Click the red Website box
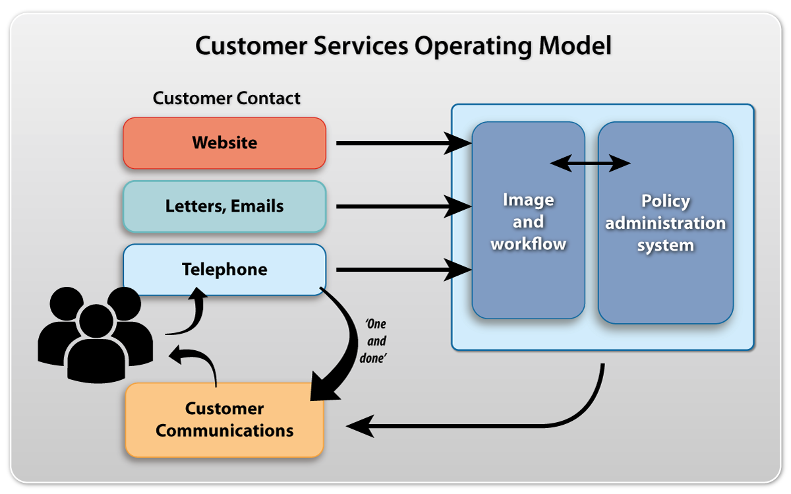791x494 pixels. tap(225, 143)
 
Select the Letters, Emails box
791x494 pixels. tap(225, 206)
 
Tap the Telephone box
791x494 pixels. tap(225, 269)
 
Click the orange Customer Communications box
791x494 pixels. tap(225, 419)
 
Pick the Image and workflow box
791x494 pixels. tap(528, 220)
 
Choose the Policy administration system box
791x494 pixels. tap(666, 223)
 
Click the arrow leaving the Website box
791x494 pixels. tap(404, 143)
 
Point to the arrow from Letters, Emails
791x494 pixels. tap(404, 206)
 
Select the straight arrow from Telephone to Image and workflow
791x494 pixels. tap(404, 270)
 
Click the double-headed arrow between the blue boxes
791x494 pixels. tap(591, 164)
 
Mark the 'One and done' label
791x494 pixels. tap(374, 341)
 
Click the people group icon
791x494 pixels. tap(96, 334)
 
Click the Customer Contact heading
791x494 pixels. tap(226, 98)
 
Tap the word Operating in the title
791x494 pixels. tap(473, 46)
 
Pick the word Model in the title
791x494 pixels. tap(575, 46)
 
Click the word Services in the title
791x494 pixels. tap(361, 46)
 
